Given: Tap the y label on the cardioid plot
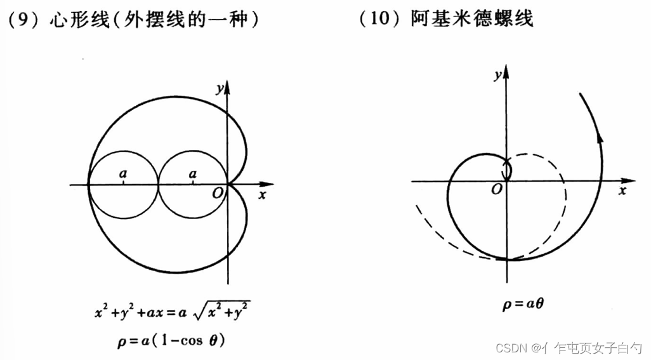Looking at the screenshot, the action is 219,90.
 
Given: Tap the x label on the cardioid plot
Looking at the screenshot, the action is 261,195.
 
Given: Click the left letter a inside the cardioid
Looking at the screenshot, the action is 123,173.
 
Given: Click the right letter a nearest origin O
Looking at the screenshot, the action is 193,173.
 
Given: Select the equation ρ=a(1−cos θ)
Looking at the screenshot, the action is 171,341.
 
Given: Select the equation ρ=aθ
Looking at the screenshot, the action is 523,305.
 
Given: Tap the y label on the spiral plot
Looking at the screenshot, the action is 499,76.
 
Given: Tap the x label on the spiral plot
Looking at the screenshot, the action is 623,190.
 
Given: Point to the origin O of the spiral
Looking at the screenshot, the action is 496,189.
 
